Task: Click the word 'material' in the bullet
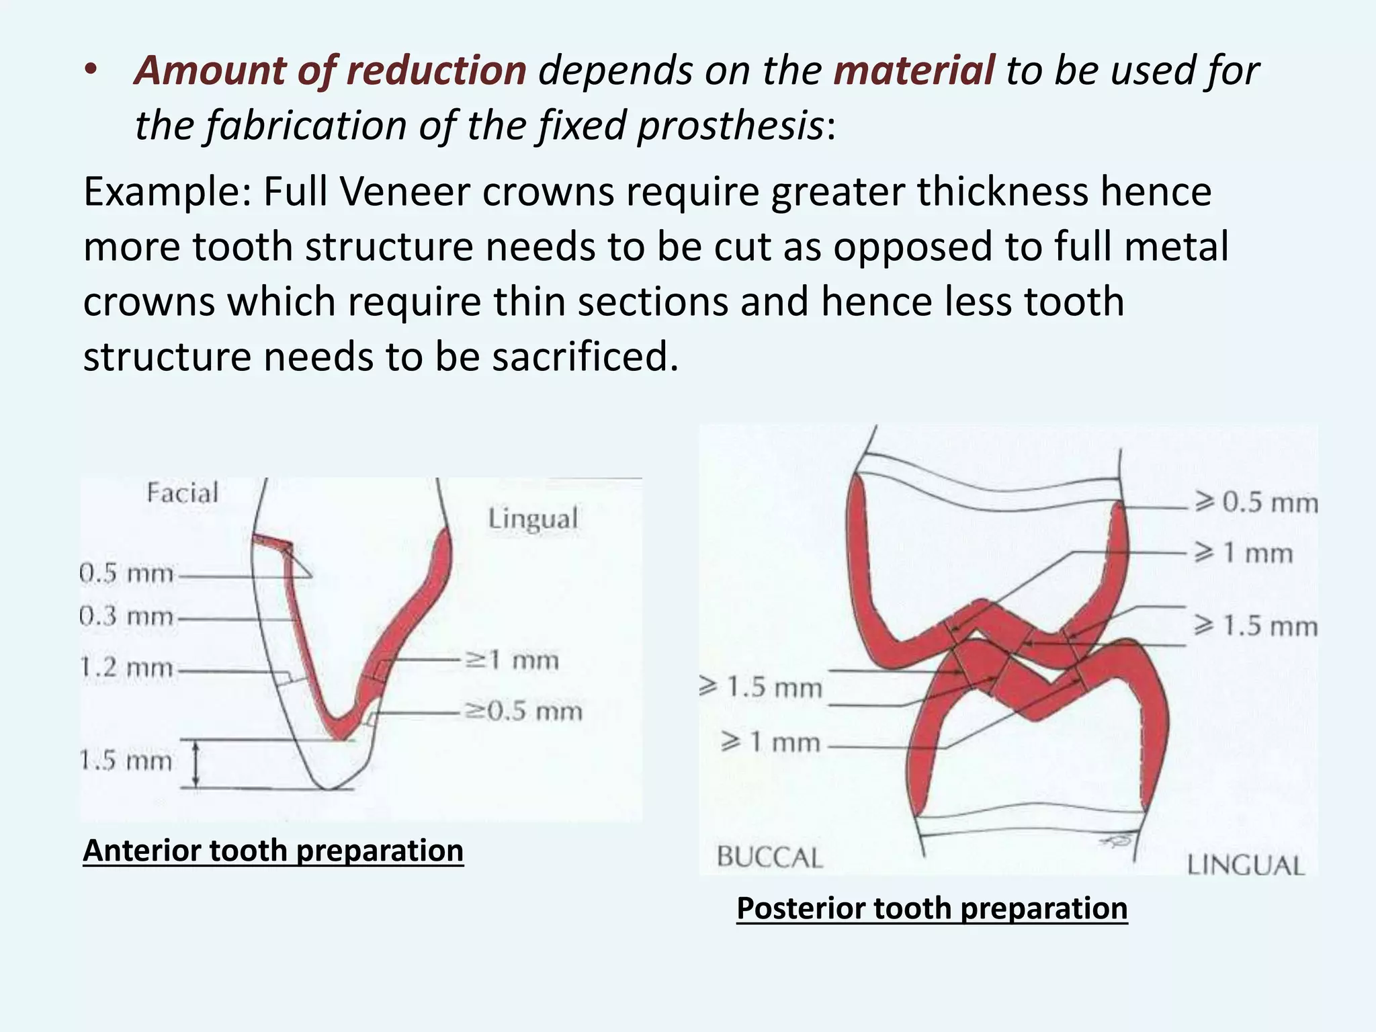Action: coord(913,71)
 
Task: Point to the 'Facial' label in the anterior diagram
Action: coord(183,493)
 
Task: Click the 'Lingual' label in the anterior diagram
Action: coord(533,519)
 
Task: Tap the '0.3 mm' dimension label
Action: coord(126,616)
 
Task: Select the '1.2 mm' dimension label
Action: coord(126,669)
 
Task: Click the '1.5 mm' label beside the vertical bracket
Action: coord(126,761)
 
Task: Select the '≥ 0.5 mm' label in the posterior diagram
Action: coord(1256,503)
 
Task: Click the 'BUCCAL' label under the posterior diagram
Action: coord(770,858)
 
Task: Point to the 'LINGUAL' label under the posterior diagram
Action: coord(1246,865)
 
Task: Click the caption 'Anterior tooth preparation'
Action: coord(273,851)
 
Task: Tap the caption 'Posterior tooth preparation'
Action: coord(932,908)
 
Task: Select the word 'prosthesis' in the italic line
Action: coord(730,126)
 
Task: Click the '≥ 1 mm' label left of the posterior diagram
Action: coord(771,742)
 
